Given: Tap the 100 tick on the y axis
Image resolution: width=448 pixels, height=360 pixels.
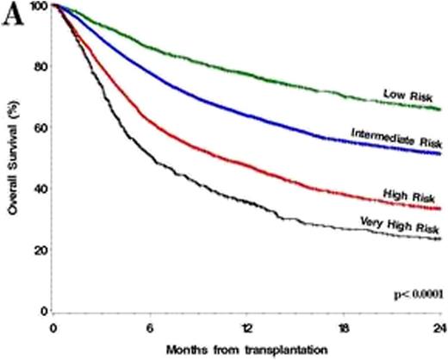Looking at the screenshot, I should [x=38, y=6].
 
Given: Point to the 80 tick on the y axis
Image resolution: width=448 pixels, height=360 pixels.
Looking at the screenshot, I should [x=40, y=66].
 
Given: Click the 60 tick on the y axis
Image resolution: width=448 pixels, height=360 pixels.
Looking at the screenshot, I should [x=40, y=127].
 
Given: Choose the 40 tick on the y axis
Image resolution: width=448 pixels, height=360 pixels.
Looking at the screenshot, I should [x=40, y=189].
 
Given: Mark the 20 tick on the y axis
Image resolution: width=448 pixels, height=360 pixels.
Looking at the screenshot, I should [x=40, y=250].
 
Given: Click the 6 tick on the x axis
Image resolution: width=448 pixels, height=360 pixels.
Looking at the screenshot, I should [x=150, y=328].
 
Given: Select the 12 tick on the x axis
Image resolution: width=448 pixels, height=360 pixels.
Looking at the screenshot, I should [x=246, y=328].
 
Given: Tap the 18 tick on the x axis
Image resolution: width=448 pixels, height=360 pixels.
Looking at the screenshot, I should [x=343, y=328].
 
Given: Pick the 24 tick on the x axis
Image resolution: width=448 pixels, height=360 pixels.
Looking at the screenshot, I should [x=439, y=328].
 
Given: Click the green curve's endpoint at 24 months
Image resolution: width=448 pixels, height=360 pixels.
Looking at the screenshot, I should [x=439, y=109].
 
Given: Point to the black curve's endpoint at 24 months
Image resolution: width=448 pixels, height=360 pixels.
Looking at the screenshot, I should [x=439, y=239].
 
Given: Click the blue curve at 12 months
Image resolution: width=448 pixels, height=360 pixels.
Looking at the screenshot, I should [x=246, y=112].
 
